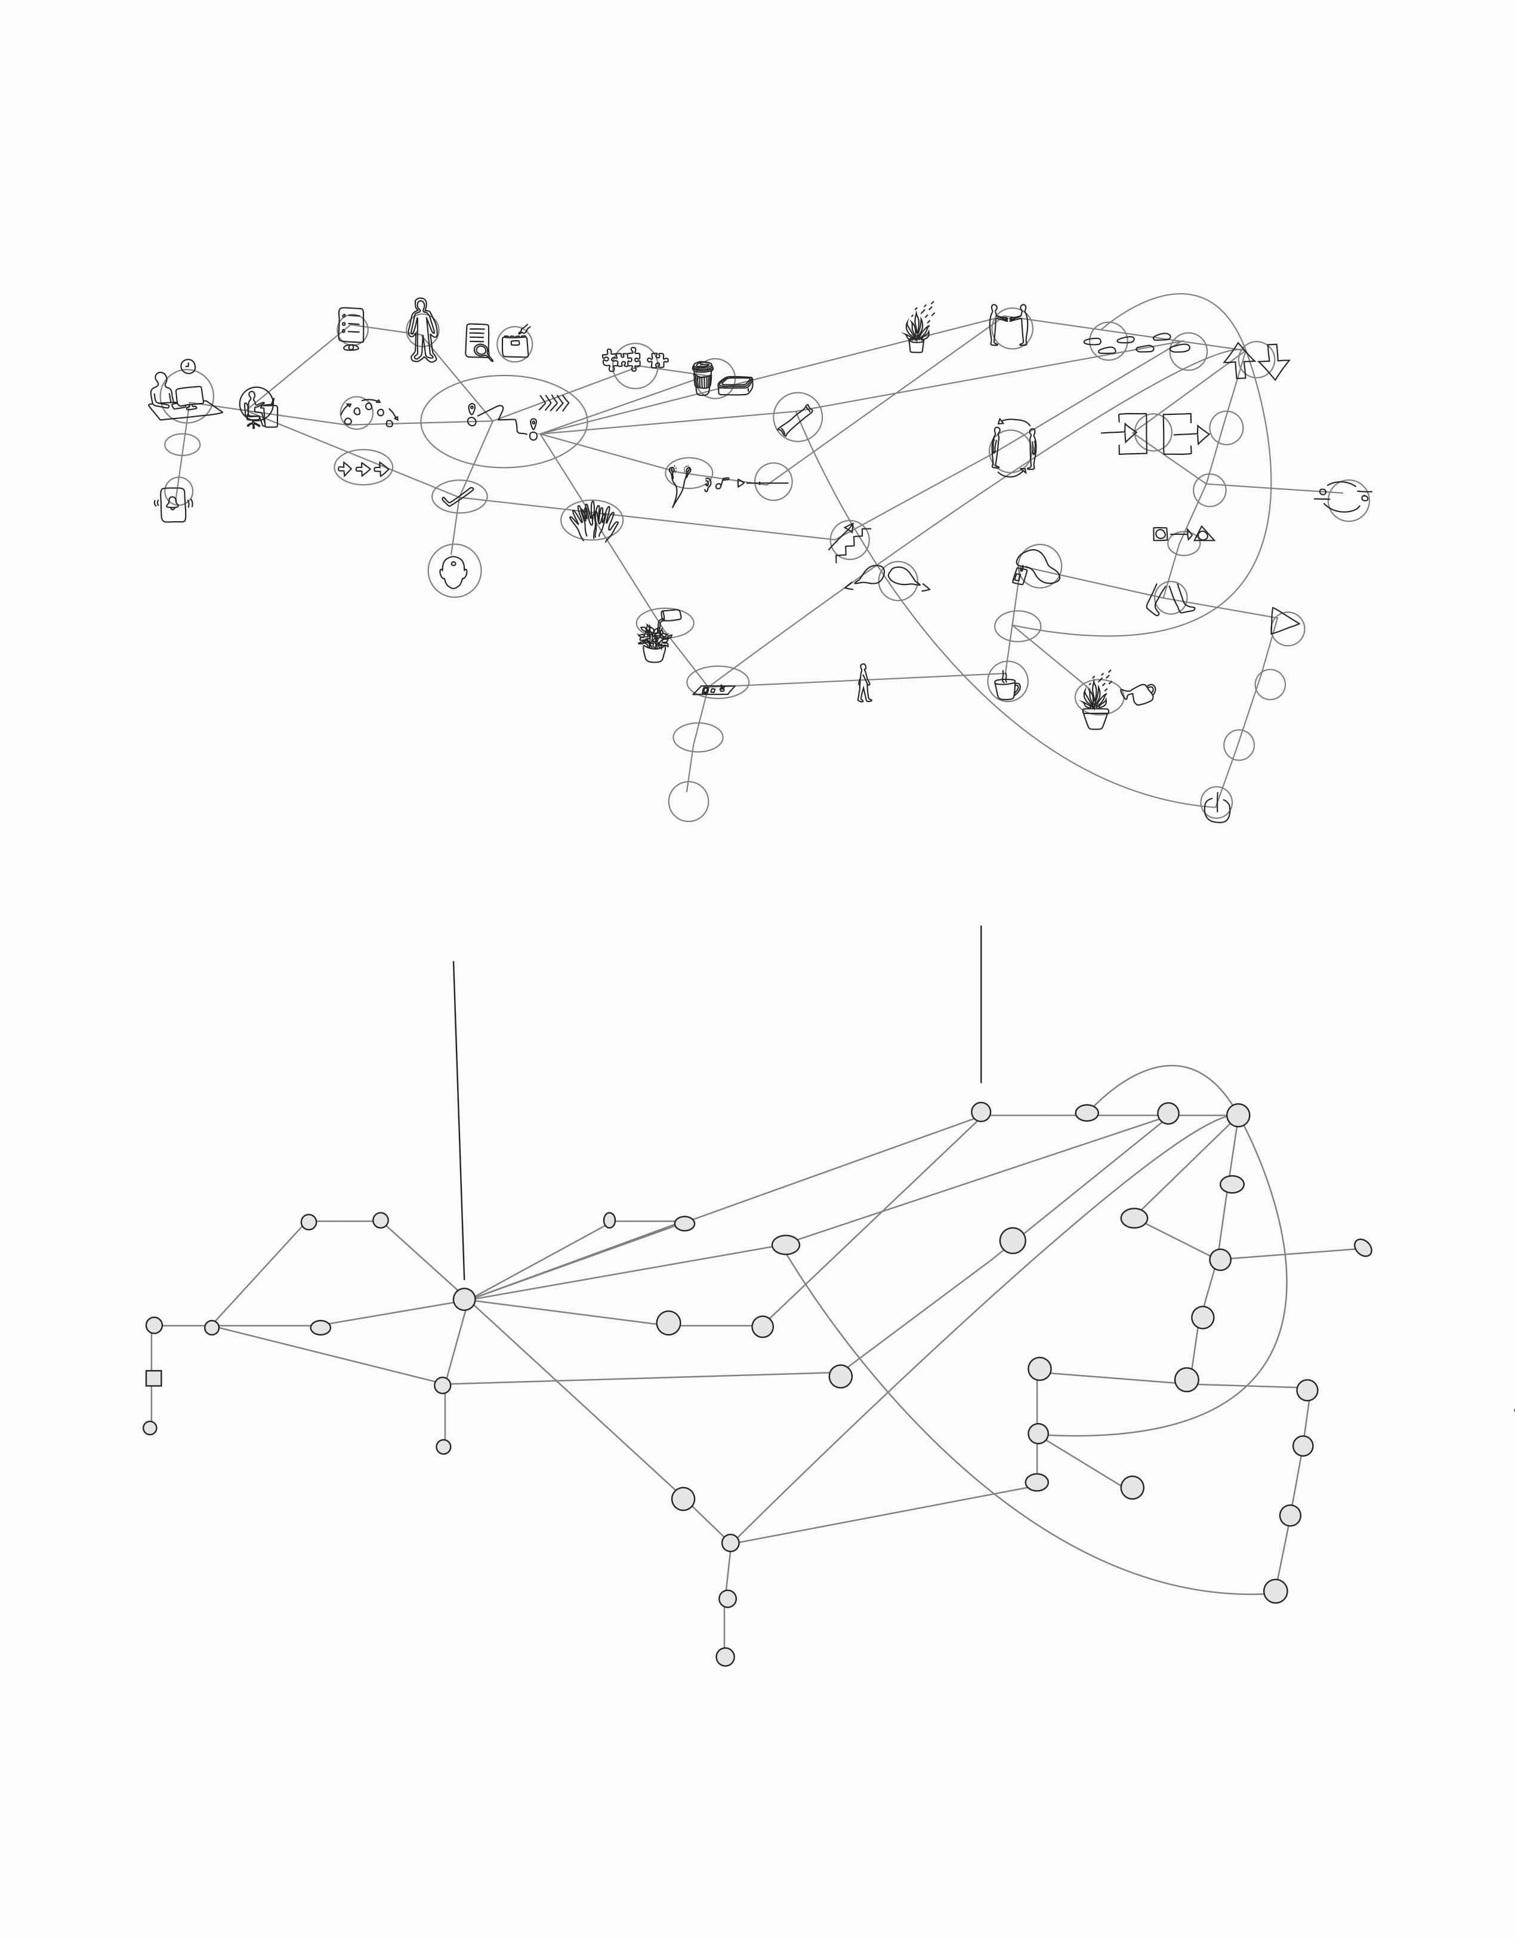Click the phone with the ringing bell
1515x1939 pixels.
click(173, 504)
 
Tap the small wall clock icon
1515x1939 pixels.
click(188, 366)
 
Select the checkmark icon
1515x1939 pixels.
click(457, 497)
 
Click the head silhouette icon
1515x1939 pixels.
click(453, 573)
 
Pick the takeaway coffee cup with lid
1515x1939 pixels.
click(702, 377)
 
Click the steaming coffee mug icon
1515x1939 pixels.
click(1007, 687)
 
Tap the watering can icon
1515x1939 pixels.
click(1138, 693)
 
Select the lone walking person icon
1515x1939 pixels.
click(863, 683)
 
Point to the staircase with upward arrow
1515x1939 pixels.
click(848, 540)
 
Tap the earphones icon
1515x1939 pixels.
click(680, 485)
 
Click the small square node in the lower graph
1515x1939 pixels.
click(153, 1378)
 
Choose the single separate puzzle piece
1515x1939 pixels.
click(658, 361)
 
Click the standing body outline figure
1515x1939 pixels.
click(422, 330)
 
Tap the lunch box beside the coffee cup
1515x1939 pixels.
click(735, 385)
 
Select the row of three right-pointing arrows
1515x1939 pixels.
click(363, 469)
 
